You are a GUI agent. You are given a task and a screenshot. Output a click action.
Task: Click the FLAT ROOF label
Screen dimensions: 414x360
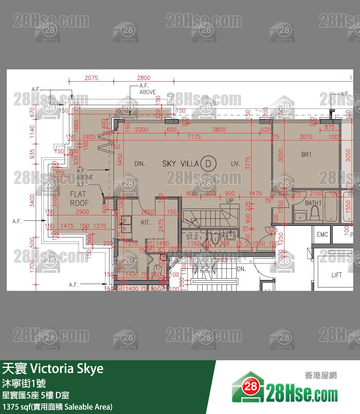pyautogui.click(x=79, y=199)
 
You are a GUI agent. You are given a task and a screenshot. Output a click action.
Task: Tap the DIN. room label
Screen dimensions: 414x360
pyautogui.click(x=139, y=164)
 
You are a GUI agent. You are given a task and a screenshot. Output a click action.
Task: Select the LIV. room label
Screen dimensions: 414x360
pyautogui.click(x=235, y=164)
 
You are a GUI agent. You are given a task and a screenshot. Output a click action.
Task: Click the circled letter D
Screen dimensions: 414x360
pyautogui.click(x=208, y=164)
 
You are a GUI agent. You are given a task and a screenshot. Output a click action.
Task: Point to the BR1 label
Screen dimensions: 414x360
pyautogui.click(x=306, y=155)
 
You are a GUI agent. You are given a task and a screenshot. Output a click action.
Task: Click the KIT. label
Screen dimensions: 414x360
pyautogui.click(x=145, y=223)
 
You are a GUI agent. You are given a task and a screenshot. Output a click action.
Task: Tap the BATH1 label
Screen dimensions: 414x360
pyautogui.click(x=313, y=203)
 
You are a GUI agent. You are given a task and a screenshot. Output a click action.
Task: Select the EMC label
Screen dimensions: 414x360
pyautogui.click(x=322, y=235)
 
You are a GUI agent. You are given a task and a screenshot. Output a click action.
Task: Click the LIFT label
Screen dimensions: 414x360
pyautogui.click(x=337, y=275)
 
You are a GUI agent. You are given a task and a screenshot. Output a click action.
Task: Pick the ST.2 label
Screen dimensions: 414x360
pyautogui.click(x=192, y=237)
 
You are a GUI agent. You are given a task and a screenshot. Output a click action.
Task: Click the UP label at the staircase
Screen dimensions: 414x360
pyautogui.click(x=230, y=201)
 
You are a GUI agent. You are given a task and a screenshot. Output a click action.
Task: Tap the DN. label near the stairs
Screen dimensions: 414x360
pyautogui.click(x=241, y=269)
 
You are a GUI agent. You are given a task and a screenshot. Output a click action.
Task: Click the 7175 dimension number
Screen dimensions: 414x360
pyautogui.click(x=194, y=137)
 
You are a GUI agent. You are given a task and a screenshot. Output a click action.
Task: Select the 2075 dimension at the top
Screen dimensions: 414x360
pyautogui.click(x=91, y=78)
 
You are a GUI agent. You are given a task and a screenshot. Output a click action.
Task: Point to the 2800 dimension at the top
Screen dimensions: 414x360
pyautogui.click(x=144, y=78)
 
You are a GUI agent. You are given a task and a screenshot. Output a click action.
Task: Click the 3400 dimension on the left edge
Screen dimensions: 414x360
pyautogui.click(x=33, y=200)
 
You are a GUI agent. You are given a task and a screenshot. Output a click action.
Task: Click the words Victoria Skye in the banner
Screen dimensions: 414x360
pyautogui.click(x=67, y=369)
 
